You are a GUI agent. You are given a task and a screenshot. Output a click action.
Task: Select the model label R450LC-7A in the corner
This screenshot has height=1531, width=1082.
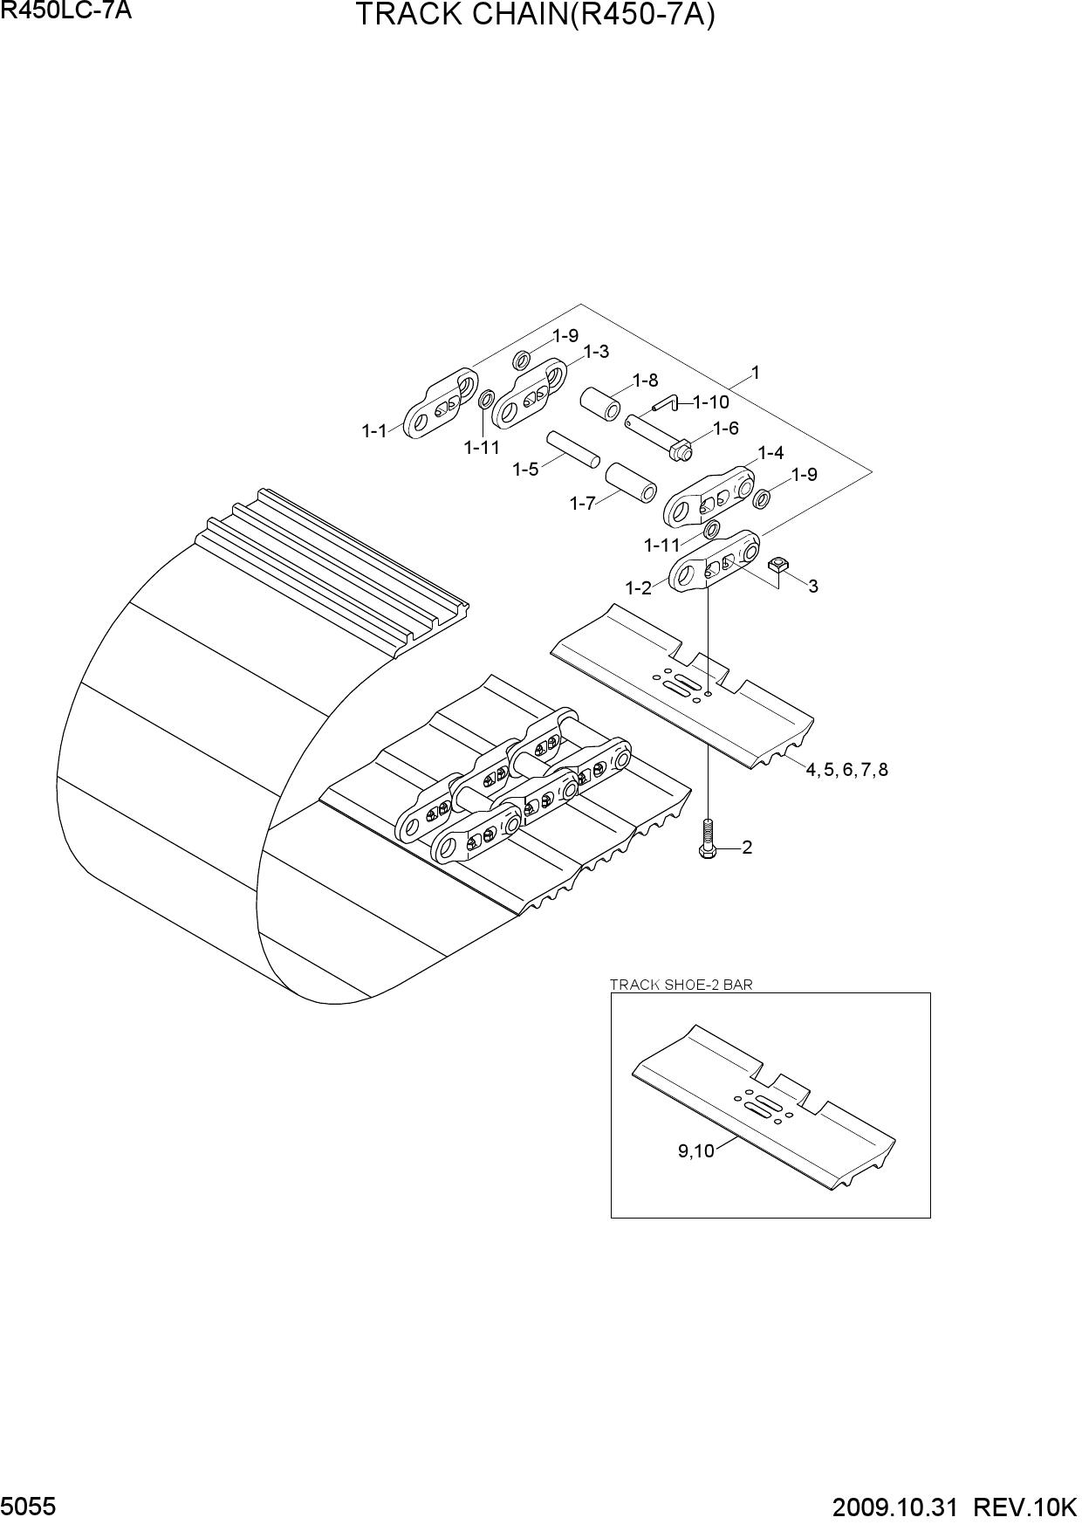pyautogui.click(x=66, y=11)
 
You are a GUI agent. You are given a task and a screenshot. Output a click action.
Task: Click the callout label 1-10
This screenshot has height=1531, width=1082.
pyautogui.click(x=711, y=402)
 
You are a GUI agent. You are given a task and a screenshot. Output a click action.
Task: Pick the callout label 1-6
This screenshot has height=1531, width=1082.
pyautogui.click(x=726, y=429)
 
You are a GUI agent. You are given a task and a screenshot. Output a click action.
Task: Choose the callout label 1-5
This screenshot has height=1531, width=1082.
pyautogui.click(x=525, y=470)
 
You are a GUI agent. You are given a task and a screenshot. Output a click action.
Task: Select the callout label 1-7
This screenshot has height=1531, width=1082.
pyautogui.click(x=583, y=504)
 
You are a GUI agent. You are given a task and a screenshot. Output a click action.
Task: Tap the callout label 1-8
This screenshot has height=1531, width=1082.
pyautogui.click(x=645, y=380)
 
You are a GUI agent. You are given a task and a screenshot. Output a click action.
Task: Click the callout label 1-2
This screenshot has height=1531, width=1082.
pyautogui.click(x=639, y=588)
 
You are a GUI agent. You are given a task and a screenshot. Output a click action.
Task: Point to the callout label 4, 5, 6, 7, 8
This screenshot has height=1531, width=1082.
pyautogui.click(x=846, y=770)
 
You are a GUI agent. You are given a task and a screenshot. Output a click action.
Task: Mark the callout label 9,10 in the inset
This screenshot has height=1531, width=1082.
pyautogui.click(x=695, y=1151)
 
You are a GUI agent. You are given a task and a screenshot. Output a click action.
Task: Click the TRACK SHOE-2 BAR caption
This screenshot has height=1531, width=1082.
pyautogui.click(x=681, y=985)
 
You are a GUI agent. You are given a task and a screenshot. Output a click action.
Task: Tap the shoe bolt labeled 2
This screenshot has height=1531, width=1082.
pyautogui.click(x=707, y=839)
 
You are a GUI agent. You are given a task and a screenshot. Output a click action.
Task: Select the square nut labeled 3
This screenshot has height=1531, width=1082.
pyautogui.click(x=778, y=565)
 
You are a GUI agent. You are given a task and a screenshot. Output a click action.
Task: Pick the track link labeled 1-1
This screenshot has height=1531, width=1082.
pyautogui.click(x=441, y=402)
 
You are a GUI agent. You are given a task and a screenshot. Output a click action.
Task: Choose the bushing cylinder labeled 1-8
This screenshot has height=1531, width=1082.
pyautogui.click(x=601, y=404)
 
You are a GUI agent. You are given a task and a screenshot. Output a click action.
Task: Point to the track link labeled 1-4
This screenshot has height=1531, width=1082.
pyautogui.click(x=709, y=498)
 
